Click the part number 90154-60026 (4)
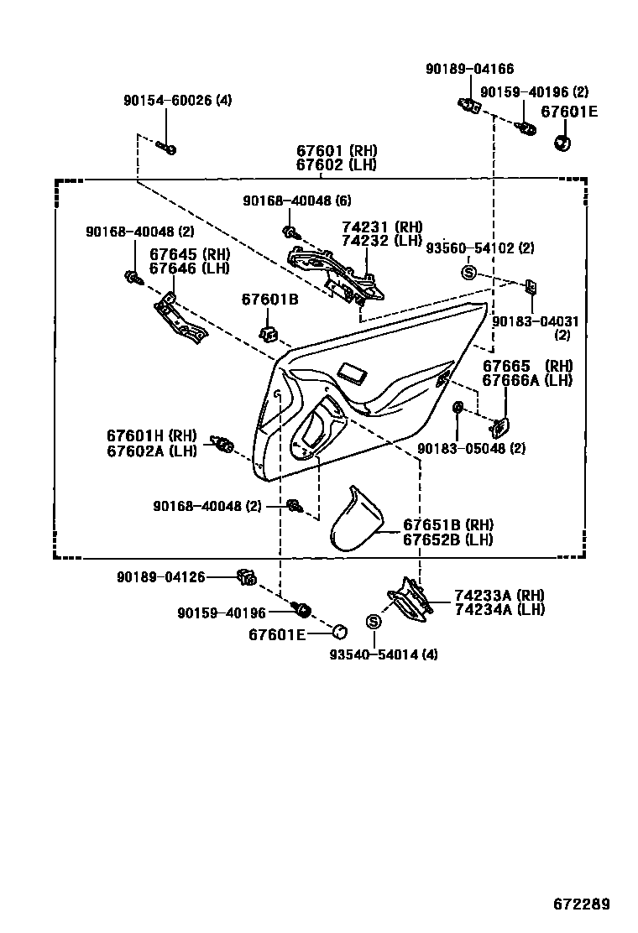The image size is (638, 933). (x=177, y=101)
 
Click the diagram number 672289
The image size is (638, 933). (x=581, y=904)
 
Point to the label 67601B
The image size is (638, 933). (x=269, y=300)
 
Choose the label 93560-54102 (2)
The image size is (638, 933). (x=480, y=248)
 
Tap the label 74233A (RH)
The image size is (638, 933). (x=499, y=595)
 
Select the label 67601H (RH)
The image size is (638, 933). (x=151, y=435)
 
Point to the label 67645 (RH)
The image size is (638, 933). (x=190, y=253)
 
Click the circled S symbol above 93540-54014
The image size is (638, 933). (x=374, y=622)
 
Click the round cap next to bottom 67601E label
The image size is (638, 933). (x=340, y=632)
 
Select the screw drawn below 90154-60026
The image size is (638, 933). (x=165, y=149)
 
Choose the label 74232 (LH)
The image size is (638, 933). (x=382, y=241)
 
